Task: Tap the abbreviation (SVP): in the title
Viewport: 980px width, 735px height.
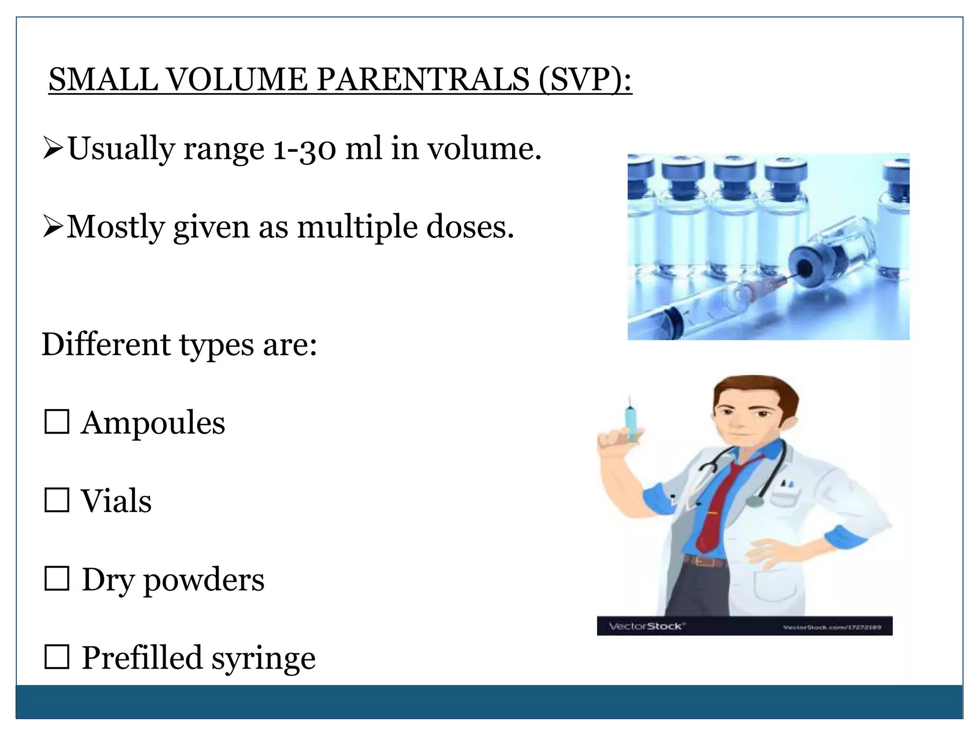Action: (585, 80)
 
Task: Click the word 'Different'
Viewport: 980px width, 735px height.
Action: (106, 344)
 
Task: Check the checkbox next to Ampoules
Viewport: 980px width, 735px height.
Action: (57, 422)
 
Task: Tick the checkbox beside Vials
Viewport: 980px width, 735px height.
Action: (57, 500)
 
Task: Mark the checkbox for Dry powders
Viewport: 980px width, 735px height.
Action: (57, 579)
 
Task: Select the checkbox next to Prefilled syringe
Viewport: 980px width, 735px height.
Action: (57, 657)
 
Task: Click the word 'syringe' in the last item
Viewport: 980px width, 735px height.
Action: (264, 659)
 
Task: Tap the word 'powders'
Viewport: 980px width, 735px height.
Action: (204, 580)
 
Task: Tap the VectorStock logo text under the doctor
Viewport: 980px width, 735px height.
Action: (646, 626)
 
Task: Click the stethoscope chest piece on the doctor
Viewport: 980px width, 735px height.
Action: (755, 501)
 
